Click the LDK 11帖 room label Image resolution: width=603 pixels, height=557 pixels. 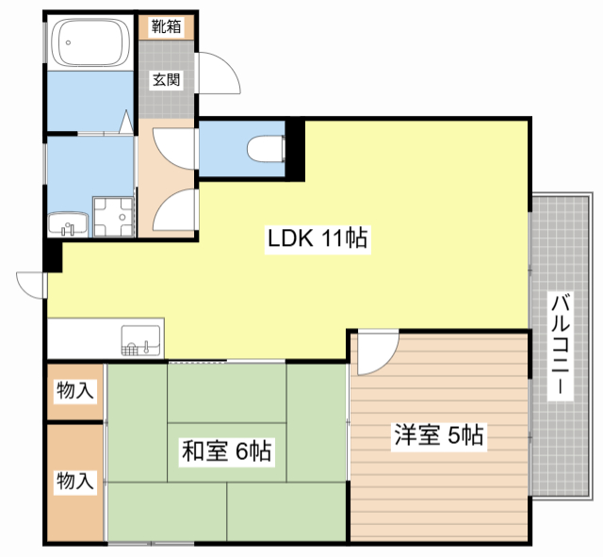tap(318, 238)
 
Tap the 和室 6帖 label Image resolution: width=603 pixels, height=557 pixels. tap(226, 451)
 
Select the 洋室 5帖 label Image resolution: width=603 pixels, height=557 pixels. tap(439, 434)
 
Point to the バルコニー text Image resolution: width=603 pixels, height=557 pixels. tap(561, 343)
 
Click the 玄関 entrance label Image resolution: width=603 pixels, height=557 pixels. tap(166, 80)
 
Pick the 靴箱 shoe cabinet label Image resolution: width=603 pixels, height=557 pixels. tap(166, 26)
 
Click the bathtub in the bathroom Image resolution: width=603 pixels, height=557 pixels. tap(91, 42)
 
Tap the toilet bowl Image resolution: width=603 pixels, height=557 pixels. tap(266, 149)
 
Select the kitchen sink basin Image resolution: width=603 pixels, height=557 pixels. tap(140, 340)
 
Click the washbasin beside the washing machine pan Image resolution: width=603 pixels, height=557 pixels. tap(68, 224)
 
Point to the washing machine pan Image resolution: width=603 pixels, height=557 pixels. tap(113, 217)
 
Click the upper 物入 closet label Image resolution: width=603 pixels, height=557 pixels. tap(75, 391)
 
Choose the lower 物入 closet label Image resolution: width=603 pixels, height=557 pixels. tap(75, 481)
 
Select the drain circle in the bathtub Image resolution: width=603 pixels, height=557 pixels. tap(68, 42)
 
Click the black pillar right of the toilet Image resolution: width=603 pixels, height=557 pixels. tap(295, 150)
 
